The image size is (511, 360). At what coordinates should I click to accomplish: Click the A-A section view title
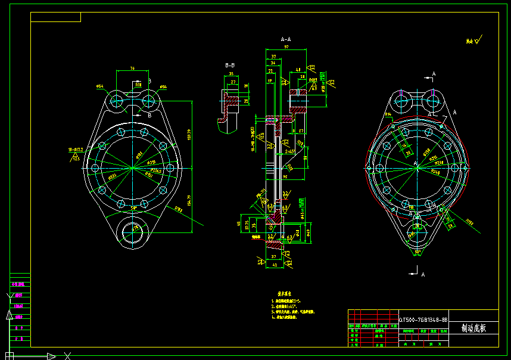click(285, 39)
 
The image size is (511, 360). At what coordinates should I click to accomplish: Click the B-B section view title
click(230, 64)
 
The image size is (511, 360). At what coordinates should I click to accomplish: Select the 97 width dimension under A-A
click(286, 46)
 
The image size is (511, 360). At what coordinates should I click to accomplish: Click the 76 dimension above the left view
click(132, 69)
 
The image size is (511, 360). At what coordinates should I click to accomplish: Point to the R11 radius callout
click(138, 85)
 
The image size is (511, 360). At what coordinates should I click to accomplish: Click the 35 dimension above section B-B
click(231, 75)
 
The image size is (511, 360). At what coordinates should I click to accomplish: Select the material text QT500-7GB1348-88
click(423, 320)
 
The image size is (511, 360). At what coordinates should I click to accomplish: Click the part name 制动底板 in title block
click(473, 328)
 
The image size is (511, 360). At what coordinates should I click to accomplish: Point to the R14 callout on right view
click(388, 114)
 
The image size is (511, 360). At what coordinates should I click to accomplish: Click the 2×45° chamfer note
click(290, 152)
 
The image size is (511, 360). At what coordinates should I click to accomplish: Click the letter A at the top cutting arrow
click(434, 73)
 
